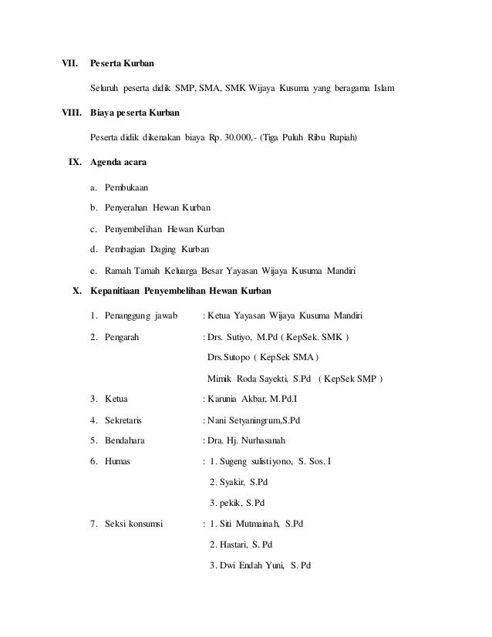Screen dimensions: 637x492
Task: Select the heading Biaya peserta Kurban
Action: tap(135, 113)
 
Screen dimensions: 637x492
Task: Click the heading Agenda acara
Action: tap(122, 163)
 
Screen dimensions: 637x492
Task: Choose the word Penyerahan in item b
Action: tap(125, 208)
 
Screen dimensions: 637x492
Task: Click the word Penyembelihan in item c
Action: tap(133, 229)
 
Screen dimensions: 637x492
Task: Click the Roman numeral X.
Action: tap(76, 291)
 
